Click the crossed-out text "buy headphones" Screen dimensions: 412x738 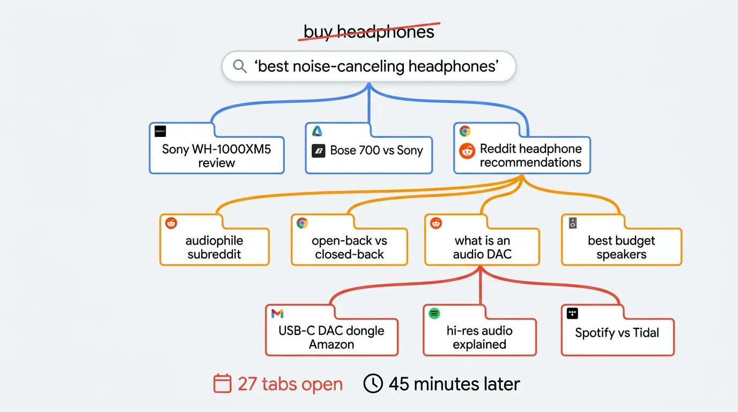[368, 32]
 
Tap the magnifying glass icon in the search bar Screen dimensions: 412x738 [240, 67]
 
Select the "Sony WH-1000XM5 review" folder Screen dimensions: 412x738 [216, 156]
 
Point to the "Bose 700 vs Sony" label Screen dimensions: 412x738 [377, 151]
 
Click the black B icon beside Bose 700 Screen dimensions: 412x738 [319, 151]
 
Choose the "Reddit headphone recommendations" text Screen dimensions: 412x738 [530, 156]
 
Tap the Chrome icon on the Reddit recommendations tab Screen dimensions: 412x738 [465, 131]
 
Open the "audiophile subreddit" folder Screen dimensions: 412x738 [215, 247]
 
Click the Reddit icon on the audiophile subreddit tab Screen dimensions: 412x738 [171, 223]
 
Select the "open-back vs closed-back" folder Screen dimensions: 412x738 [349, 247]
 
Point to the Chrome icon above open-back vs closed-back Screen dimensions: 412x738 [302, 223]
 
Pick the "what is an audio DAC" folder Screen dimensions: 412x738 [482, 247]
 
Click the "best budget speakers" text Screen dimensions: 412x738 [621, 247]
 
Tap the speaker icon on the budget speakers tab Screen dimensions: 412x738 [573, 223]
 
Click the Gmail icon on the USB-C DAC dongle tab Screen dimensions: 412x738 [277, 313]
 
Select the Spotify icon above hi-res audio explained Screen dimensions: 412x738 [434, 313]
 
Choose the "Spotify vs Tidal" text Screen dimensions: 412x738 [617, 333]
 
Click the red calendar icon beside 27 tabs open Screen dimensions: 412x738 [222, 384]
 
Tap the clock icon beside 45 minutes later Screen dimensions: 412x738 [373, 384]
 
